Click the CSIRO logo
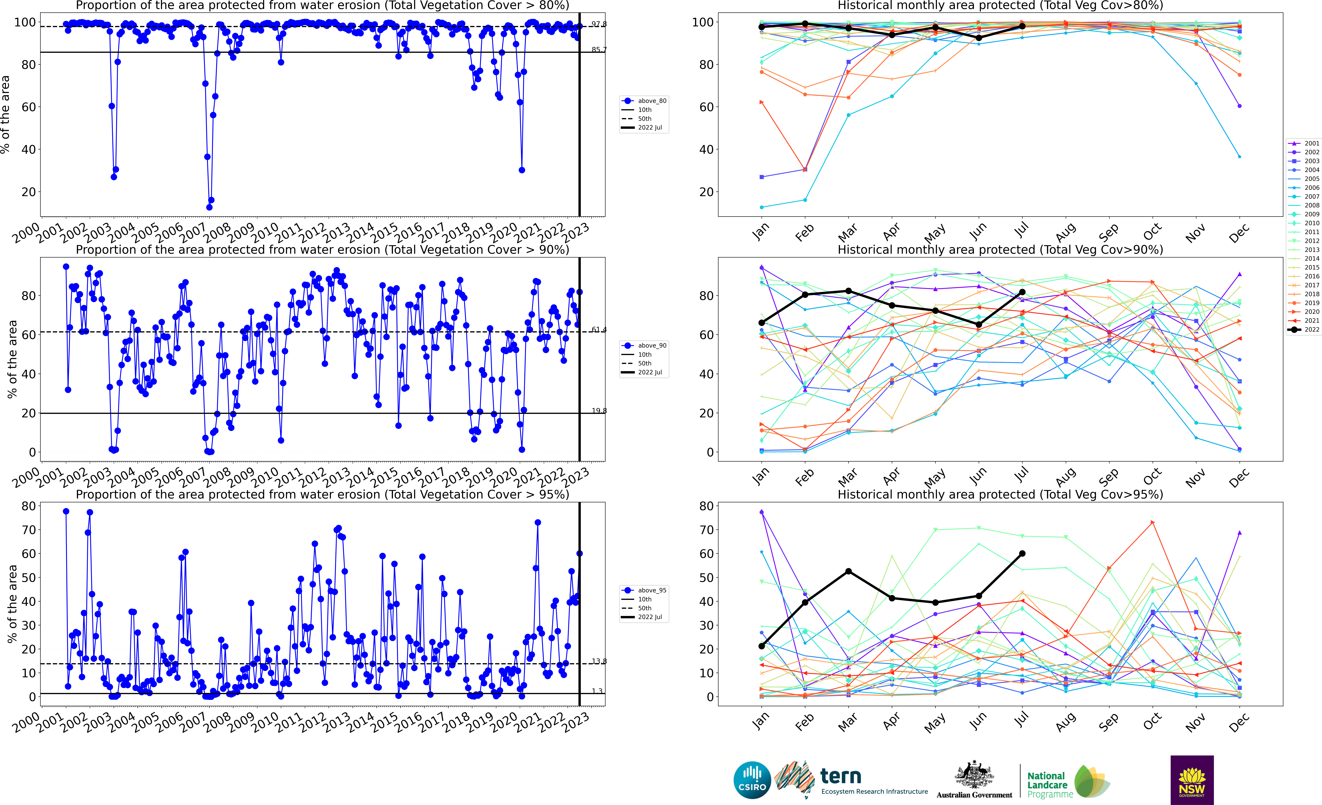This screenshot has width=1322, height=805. click(752, 780)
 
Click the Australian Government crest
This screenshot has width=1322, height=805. click(974, 776)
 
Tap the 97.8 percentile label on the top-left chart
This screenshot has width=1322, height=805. click(599, 24)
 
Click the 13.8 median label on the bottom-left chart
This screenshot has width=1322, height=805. click(599, 661)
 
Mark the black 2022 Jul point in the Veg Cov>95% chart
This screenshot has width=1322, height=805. click(1022, 553)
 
